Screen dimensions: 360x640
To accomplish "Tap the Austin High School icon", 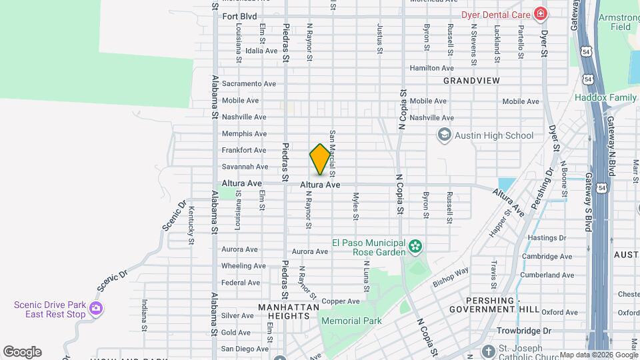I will [444, 135].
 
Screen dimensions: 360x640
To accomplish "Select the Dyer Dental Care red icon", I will [539, 14].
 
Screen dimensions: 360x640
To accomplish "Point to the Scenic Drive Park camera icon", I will [97, 309].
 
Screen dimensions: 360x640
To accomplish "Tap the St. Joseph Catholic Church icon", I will [489, 351].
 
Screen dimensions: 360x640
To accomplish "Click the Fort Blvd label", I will [239, 16].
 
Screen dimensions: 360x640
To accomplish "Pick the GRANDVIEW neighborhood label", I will [471, 81].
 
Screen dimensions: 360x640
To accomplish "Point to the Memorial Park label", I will [351, 321].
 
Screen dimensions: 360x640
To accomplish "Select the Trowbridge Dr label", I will [528, 331].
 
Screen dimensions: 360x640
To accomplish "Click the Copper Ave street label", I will [341, 302].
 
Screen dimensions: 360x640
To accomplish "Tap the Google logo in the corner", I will [21, 352].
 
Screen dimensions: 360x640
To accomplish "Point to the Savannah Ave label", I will [245, 167].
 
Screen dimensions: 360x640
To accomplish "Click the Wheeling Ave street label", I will [243, 266].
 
